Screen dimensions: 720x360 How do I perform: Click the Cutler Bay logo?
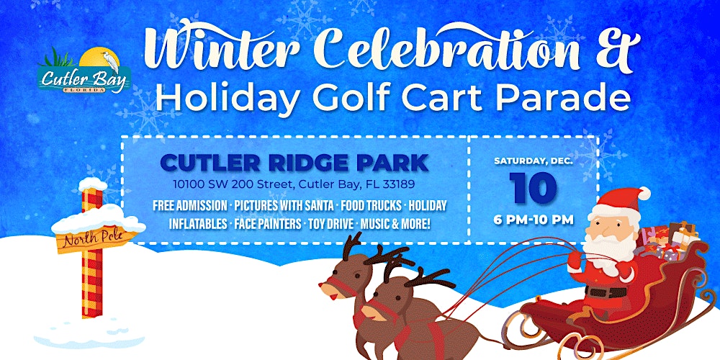tap(84, 71)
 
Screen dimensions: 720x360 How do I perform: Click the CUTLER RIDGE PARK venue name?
tap(294, 163)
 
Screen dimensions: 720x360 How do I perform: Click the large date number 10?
tap(534, 187)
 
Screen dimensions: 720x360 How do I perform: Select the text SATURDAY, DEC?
tap(534, 161)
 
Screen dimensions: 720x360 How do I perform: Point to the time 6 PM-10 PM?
tap(534, 220)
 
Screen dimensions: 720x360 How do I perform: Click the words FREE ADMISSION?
tap(189, 205)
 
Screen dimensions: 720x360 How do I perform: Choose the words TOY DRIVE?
tap(330, 224)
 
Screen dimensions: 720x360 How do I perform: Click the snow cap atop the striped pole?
tap(93, 184)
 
